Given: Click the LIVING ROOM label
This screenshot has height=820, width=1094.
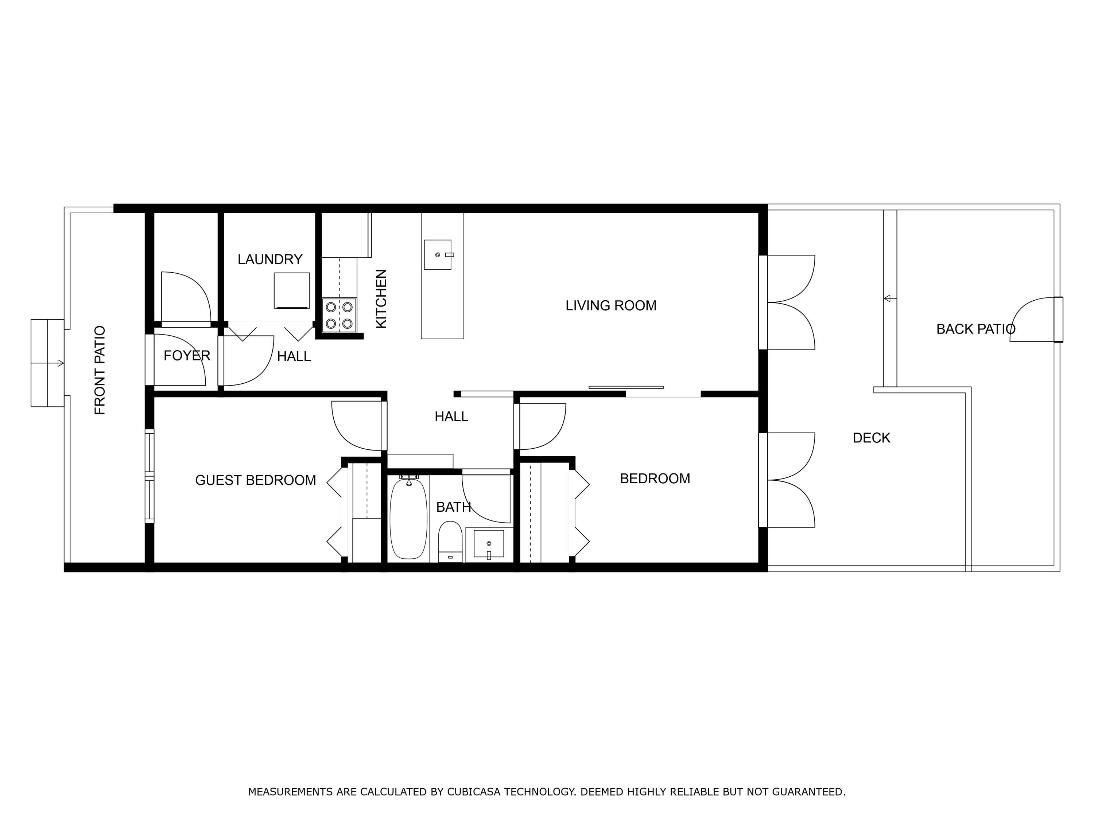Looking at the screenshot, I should pyautogui.click(x=611, y=305).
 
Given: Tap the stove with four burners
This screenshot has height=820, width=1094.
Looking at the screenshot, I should pyautogui.click(x=339, y=315).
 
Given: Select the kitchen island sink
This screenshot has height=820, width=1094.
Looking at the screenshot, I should pyautogui.click(x=438, y=254).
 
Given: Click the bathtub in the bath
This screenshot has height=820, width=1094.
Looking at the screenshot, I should pyautogui.click(x=408, y=518).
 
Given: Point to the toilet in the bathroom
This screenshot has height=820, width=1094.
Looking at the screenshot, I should pyautogui.click(x=450, y=541).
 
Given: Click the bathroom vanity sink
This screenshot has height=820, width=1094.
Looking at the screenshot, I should pyautogui.click(x=489, y=544).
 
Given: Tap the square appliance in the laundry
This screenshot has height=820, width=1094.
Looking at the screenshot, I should pyautogui.click(x=292, y=290).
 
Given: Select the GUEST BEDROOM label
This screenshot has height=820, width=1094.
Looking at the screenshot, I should pyautogui.click(x=255, y=480).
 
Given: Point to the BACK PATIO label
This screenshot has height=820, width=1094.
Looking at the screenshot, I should pyautogui.click(x=975, y=329).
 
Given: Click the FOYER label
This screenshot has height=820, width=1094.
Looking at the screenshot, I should pyautogui.click(x=187, y=355).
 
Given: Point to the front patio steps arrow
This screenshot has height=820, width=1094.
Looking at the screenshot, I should pyautogui.click(x=60, y=363).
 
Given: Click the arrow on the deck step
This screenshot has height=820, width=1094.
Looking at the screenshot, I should pyautogui.click(x=887, y=298).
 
